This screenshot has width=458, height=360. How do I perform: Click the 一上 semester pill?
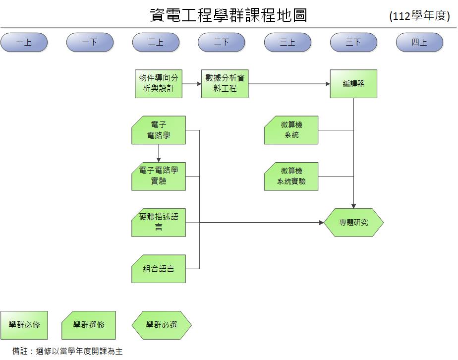coord(24,43)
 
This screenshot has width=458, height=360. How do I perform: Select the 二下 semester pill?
coord(221,43)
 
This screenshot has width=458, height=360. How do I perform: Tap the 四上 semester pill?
coord(419,43)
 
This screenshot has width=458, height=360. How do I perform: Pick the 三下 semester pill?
coord(353,43)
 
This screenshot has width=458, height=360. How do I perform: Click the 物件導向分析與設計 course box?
coord(159,84)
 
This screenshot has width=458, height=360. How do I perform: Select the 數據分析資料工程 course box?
coord(225,84)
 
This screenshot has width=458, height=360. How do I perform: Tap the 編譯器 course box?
coord(353,84)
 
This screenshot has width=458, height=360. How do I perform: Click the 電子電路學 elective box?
coord(159,130)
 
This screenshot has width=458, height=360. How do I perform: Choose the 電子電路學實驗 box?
coord(159,176)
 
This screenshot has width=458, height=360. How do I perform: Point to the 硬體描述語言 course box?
coord(159,222)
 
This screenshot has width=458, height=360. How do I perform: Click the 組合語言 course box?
coord(159,269)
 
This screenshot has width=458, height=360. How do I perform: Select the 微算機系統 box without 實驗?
coord(291,130)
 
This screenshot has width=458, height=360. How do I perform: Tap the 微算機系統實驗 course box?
coord(291,176)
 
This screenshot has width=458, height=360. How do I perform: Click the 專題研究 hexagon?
coord(353,223)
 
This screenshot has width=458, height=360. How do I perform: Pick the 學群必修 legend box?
coord(24,325)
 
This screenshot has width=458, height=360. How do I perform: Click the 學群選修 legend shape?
coord(89,325)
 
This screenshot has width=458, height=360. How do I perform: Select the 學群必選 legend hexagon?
coord(162,325)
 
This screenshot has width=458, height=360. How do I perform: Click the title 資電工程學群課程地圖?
coord(229,15)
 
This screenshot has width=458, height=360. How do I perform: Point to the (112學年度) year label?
coord(419,16)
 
